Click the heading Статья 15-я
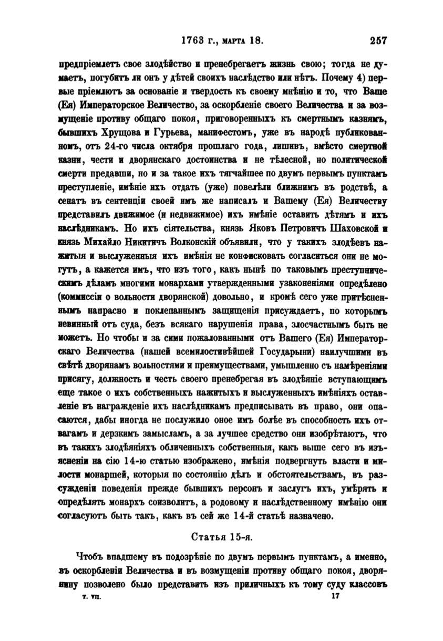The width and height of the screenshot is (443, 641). (222, 537)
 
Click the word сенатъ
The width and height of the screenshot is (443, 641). (73, 201)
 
